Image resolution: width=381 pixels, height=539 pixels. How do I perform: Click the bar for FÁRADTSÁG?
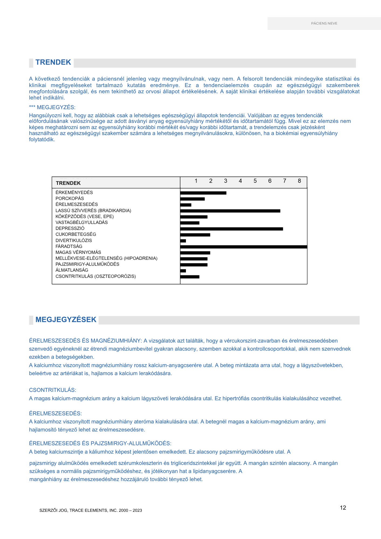pyautogui.click(x=244, y=247)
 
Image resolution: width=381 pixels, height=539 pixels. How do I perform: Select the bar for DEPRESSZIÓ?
pyautogui.click(x=231, y=229)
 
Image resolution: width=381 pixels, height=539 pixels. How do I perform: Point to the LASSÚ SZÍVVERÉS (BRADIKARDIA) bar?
pyautogui.click(x=230, y=211)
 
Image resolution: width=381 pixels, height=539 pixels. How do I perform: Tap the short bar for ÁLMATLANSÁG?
pyautogui.click(x=183, y=271)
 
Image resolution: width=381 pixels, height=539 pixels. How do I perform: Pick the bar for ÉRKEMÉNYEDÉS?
pyautogui.click(x=203, y=193)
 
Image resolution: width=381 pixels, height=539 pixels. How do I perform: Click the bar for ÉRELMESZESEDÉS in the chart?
pyautogui.click(x=186, y=205)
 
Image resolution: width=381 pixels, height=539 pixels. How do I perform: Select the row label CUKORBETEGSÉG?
pyautogui.click(x=76, y=234)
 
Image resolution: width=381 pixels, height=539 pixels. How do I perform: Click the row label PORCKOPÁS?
pyautogui.click(x=70, y=199)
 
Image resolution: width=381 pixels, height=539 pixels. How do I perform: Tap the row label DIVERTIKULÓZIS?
pyautogui.click(x=74, y=240)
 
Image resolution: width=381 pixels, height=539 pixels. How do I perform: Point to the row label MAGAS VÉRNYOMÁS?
pyautogui.click(x=78, y=253)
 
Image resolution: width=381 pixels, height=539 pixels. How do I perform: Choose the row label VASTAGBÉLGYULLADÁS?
pyautogui.click(x=81, y=223)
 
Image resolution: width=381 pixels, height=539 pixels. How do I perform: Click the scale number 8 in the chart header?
pyautogui.click(x=299, y=181)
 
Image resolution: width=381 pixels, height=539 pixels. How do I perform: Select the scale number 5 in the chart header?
pyautogui.click(x=255, y=181)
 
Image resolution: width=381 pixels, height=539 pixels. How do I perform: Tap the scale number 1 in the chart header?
pyautogui.click(x=196, y=181)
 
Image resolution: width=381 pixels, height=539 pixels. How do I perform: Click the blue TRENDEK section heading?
pyautogui.click(x=53, y=63)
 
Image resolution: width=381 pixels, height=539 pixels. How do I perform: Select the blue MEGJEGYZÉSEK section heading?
pyautogui.click(x=66, y=320)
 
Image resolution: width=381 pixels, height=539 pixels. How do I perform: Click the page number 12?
pyautogui.click(x=343, y=508)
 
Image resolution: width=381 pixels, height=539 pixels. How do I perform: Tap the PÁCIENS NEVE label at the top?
pyautogui.click(x=324, y=23)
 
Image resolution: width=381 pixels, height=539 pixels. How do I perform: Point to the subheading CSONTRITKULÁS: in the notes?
pyautogui.click(x=53, y=390)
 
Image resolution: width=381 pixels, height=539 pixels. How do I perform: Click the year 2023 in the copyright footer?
pyautogui.click(x=137, y=510)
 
